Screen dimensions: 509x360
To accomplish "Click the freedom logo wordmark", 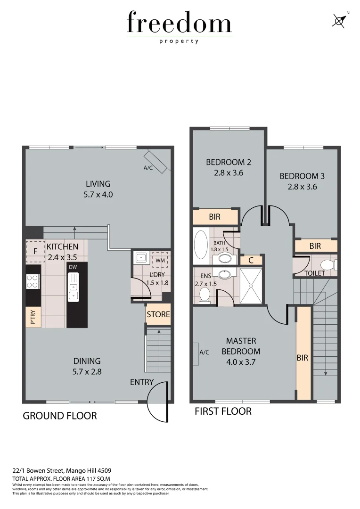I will tap(179, 24).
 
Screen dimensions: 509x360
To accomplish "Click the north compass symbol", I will tap(339, 20).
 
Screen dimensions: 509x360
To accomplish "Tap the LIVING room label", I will tap(98, 184).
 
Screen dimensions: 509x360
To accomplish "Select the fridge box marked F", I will tap(35, 251).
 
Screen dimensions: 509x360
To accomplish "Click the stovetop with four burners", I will tap(33, 281).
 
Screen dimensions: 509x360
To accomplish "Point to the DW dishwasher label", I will tap(73, 267).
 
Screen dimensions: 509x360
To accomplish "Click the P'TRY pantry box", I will tap(33, 317).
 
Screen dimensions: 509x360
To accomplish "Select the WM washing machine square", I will tap(160, 260).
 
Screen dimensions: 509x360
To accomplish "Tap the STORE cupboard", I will tap(158, 314).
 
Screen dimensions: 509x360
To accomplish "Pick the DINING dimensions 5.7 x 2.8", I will tap(88, 371).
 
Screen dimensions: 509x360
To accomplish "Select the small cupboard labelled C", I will tap(251, 260).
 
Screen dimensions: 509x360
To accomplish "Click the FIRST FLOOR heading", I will tap(223, 411).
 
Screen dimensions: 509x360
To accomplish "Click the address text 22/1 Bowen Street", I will tap(61, 470).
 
